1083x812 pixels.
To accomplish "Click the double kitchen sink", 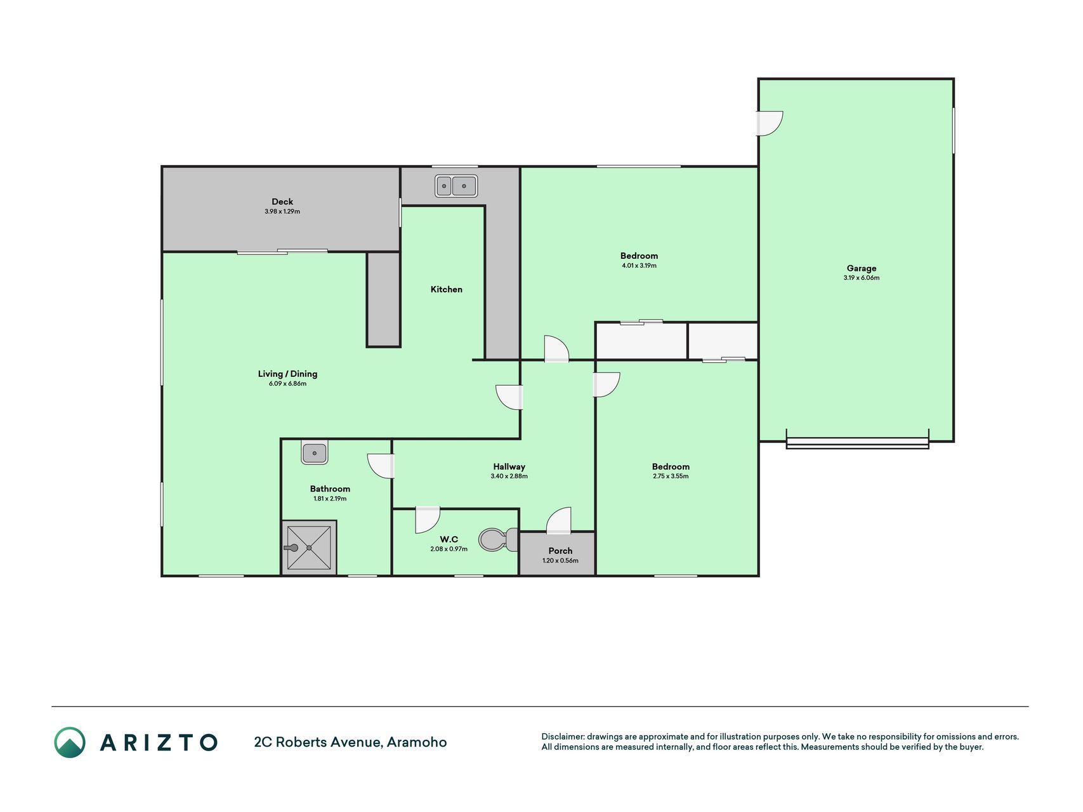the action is point(456,186).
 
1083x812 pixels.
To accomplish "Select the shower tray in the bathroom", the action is point(309,547).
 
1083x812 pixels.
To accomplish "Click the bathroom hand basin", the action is point(315,453).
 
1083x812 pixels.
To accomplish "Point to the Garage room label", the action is point(861,268).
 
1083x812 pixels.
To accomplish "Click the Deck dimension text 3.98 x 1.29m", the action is point(282,211).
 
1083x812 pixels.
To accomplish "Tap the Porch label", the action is point(560,551).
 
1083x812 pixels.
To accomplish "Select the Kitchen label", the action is point(447,289).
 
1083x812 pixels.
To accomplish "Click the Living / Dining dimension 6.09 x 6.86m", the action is point(287,383).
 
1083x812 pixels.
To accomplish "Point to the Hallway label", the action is point(509,467).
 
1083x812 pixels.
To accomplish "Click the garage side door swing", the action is point(770,123).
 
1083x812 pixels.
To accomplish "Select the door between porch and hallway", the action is point(559,520).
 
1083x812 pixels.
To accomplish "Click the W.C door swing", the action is point(427,520).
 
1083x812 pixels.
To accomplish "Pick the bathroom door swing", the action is point(381,466).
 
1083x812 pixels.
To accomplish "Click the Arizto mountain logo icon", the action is point(70,742).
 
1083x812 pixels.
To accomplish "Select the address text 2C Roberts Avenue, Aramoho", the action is point(350,742).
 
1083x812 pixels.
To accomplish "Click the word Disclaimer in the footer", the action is point(562,737).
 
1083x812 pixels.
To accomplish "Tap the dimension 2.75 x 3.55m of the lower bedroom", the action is point(671,476).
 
